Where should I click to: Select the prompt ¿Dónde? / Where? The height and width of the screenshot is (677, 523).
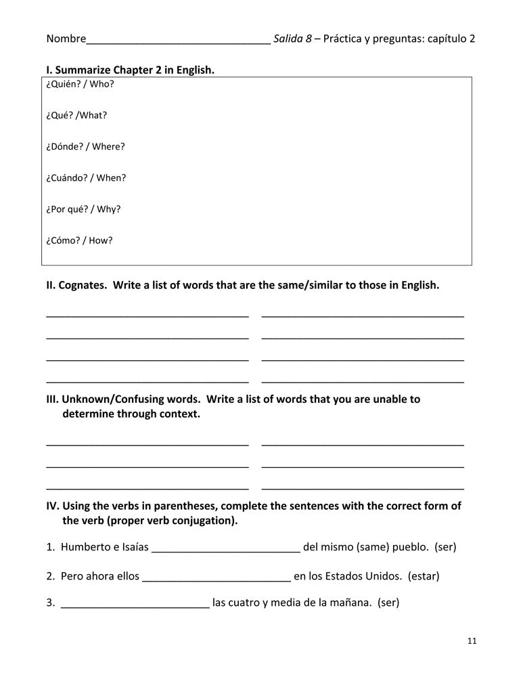85,146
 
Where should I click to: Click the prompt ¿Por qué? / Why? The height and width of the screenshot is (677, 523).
83,209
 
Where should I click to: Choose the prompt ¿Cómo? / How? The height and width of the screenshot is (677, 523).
79,240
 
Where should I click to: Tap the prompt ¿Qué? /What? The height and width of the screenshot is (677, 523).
76,115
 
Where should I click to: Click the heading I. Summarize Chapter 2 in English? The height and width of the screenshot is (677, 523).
130,70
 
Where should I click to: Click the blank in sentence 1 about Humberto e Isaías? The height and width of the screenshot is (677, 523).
226,547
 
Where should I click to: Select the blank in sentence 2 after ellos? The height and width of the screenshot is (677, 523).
217,577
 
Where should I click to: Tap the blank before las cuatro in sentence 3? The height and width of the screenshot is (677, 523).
135,602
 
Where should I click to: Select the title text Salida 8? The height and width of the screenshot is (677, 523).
292,39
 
